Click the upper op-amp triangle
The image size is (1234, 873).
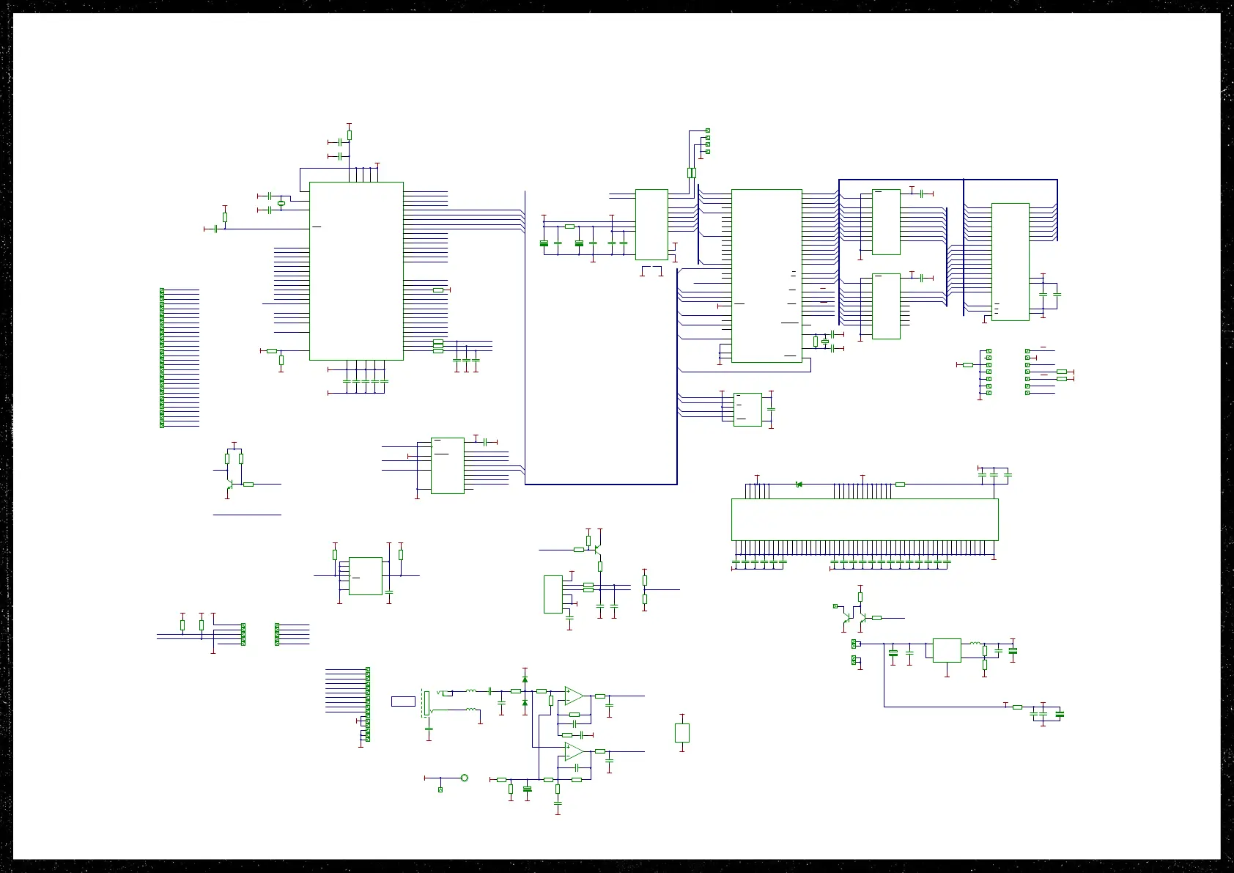coord(574,695)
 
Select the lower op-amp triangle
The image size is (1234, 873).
coord(574,751)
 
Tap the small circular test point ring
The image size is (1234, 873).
coord(464,778)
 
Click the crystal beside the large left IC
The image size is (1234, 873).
coord(281,203)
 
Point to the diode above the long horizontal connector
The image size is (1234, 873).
coord(798,484)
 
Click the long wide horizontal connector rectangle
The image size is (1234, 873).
coord(865,519)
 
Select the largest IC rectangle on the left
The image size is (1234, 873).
coord(356,271)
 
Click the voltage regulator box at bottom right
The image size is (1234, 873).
coord(947,650)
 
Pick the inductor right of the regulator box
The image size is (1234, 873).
coord(975,644)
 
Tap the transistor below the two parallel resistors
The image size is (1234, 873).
coord(230,484)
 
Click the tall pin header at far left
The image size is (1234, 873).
coord(162,358)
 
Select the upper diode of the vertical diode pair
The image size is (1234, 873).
coord(525,680)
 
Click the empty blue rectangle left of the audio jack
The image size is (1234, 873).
coord(403,701)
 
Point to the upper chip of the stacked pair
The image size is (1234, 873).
coord(886,222)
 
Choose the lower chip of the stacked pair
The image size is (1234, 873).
coord(886,306)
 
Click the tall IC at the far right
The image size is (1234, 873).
coord(1010,262)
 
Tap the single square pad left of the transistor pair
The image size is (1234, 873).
coord(835,606)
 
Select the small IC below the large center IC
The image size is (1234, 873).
coord(747,409)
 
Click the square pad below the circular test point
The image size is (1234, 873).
coord(440,789)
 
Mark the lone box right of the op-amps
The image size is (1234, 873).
coord(682,732)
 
